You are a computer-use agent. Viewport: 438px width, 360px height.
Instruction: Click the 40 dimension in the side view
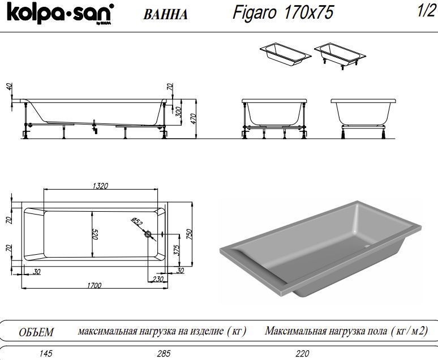[10, 87]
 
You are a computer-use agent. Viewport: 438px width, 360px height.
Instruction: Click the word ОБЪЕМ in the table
[36, 332]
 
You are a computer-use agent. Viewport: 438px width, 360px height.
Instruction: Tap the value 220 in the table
[302, 354]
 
